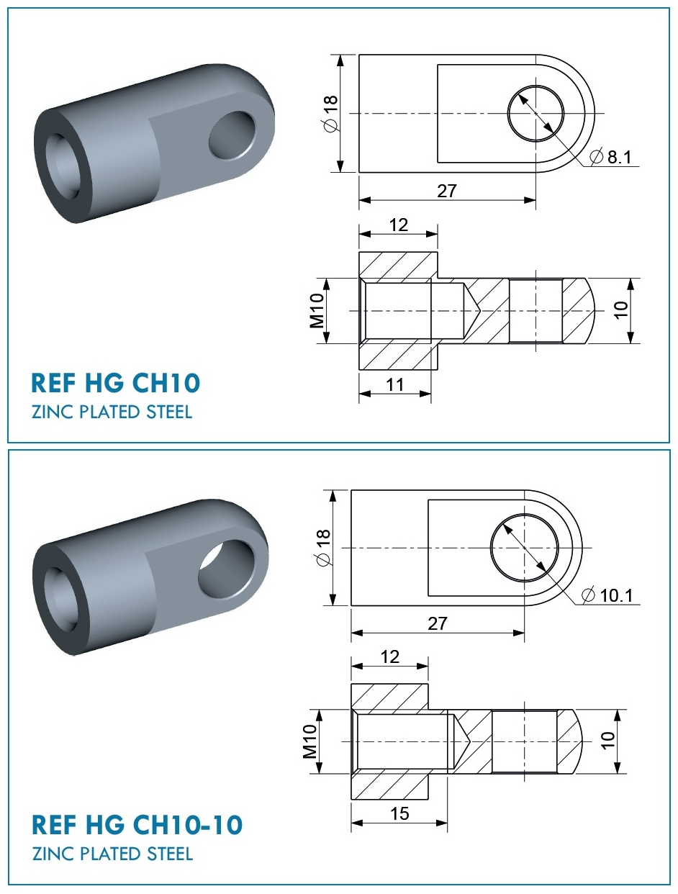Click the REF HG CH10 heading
pos(116,382)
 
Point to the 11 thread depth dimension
pos(394,384)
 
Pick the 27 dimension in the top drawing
pos(447,191)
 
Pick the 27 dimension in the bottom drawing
pos(438,623)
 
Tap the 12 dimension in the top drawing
pos(398,225)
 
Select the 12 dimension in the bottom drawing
pos(389,657)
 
